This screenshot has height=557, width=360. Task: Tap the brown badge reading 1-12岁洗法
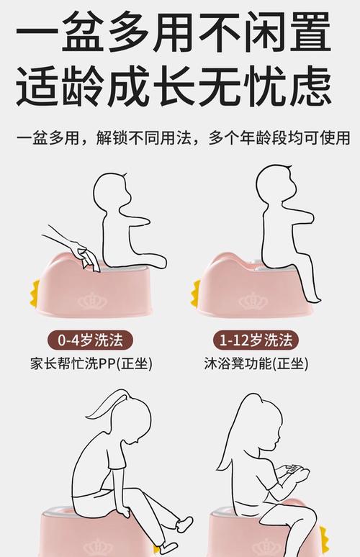[257, 340]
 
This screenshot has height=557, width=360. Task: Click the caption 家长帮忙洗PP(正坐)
[91, 363]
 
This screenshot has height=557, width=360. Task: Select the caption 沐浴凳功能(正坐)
[256, 363]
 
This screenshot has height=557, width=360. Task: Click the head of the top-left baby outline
[114, 190]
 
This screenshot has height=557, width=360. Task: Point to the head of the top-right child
[277, 185]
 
